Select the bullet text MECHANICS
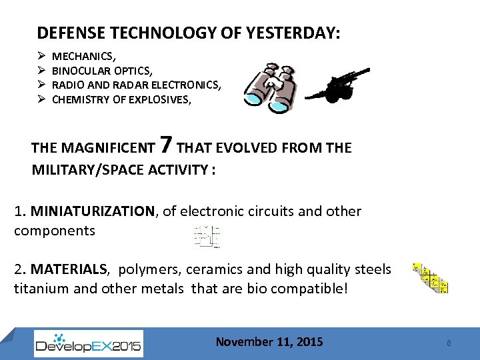point(82,56)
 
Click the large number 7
point(167,144)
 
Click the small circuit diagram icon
point(207,237)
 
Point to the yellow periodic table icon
point(430,277)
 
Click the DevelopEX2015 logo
point(88,344)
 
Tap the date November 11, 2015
point(269,342)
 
